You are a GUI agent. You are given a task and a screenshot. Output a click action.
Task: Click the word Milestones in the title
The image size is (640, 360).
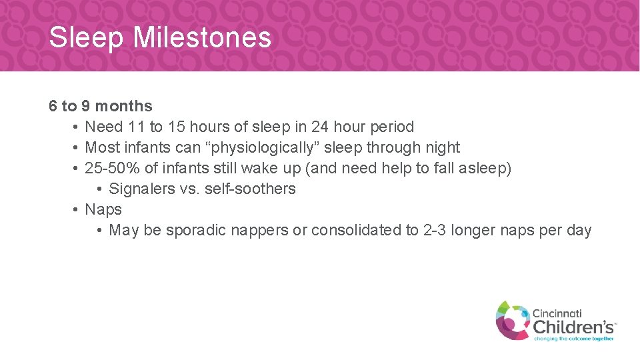(202, 37)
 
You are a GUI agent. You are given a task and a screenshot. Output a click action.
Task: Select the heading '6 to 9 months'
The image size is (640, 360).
(101, 106)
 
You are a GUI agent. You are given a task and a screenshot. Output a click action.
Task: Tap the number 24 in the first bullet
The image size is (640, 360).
(320, 127)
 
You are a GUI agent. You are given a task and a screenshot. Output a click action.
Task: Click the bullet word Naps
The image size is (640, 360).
(103, 209)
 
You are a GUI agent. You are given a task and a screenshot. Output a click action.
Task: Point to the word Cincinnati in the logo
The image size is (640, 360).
(557, 313)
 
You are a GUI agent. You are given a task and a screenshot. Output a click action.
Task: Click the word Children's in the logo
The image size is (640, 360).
(573, 326)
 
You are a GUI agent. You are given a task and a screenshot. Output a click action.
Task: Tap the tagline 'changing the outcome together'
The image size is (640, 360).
(573, 339)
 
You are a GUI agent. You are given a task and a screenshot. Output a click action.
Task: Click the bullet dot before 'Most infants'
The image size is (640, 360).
(77, 147)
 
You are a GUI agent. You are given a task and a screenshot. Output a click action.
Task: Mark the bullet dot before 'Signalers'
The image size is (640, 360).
(99, 189)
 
